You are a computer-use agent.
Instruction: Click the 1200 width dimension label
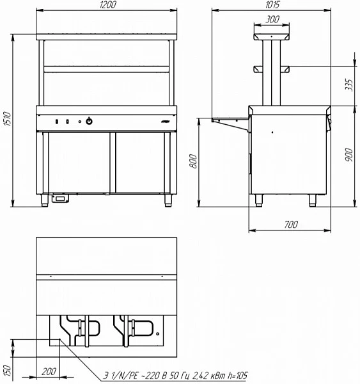[108, 5]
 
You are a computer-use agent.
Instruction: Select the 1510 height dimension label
[8, 119]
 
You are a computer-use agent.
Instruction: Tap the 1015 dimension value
[272, 5]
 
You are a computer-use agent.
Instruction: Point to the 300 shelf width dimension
[272, 19]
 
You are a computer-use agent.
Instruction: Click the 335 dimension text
[349, 84]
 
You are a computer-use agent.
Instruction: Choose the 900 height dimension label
[349, 155]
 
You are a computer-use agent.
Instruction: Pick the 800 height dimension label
[193, 161]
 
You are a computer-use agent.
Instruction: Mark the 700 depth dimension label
[291, 225]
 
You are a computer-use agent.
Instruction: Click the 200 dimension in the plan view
[49, 371]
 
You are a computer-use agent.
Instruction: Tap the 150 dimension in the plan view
[8, 371]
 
